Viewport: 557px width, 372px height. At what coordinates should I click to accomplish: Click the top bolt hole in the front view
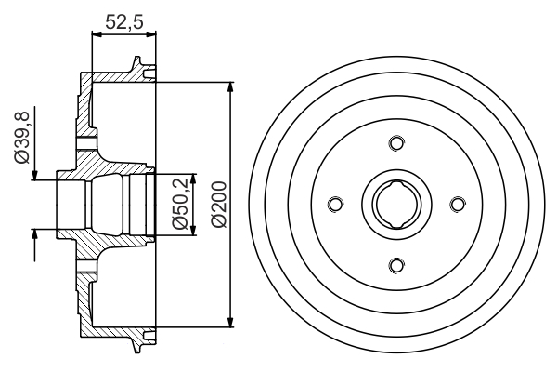(x=396, y=142)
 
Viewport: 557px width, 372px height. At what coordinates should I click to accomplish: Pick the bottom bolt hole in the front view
(x=396, y=266)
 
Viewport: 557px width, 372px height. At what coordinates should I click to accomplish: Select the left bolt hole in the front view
(x=334, y=204)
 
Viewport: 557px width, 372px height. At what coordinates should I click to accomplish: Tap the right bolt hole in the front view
(x=458, y=204)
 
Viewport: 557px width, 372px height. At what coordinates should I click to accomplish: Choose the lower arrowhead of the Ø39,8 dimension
(x=35, y=233)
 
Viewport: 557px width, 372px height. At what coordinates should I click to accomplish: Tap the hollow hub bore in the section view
(x=102, y=204)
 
